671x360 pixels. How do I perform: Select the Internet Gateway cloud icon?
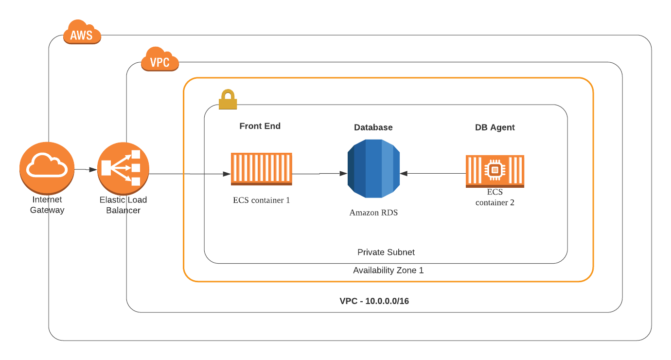(x=47, y=167)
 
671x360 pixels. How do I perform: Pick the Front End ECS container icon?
(x=262, y=169)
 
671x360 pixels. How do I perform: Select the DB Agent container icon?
(x=495, y=171)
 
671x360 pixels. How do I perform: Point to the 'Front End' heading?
(x=260, y=126)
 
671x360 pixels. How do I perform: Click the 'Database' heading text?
(x=373, y=127)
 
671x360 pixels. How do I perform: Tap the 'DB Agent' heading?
(x=494, y=127)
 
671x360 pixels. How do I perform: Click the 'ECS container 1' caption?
(x=261, y=200)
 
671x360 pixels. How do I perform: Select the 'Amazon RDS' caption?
(x=373, y=213)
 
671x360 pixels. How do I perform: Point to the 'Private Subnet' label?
(x=386, y=252)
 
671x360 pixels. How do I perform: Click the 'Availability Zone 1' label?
(x=388, y=270)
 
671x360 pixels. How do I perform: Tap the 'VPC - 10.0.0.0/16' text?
(x=374, y=301)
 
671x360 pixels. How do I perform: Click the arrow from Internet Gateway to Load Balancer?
(x=86, y=169)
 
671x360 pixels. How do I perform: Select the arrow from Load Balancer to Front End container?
(x=190, y=174)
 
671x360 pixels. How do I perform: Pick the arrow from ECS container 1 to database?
(x=319, y=173)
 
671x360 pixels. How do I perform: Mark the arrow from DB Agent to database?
(x=433, y=173)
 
